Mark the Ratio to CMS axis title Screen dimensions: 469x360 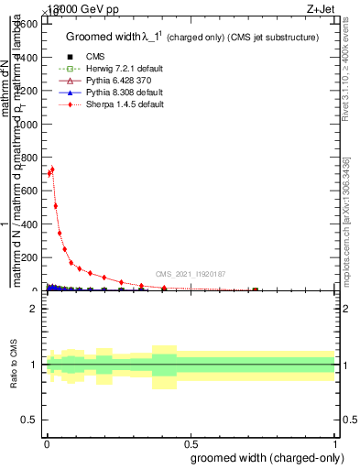coord(15,365)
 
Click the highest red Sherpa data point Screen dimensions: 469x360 coord(52,169)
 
